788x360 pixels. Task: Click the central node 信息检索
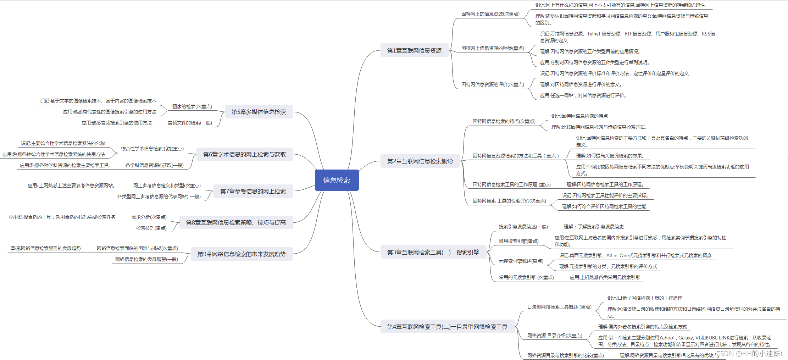point(337,180)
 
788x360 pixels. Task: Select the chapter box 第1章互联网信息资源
point(414,50)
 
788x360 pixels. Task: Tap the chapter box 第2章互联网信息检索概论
point(420,161)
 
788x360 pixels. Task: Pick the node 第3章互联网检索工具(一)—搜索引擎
point(433,252)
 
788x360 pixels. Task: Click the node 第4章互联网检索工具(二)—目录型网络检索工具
point(447,327)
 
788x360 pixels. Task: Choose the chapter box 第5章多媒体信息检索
point(259,112)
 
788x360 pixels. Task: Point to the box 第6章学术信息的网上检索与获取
point(244,154)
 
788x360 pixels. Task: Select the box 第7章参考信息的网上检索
point(253,191)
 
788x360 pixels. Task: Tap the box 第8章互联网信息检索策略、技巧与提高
point(236,222)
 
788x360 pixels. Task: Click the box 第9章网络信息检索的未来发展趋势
point(242,254)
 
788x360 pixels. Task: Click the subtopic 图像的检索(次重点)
point(192,106)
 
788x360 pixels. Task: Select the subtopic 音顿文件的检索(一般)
point(190,123)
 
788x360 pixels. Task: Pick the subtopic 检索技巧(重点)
point(151,228)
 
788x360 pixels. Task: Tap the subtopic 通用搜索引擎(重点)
point(518,241)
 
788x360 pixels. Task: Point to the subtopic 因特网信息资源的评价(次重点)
point(493,84)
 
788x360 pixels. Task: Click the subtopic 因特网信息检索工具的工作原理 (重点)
point(511,184)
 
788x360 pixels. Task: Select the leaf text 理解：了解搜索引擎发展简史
point(594,227)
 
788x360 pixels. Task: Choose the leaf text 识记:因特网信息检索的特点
point(579,116)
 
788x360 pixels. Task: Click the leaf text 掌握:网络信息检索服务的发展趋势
point(46,248)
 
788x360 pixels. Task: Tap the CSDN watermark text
point(749,353)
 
